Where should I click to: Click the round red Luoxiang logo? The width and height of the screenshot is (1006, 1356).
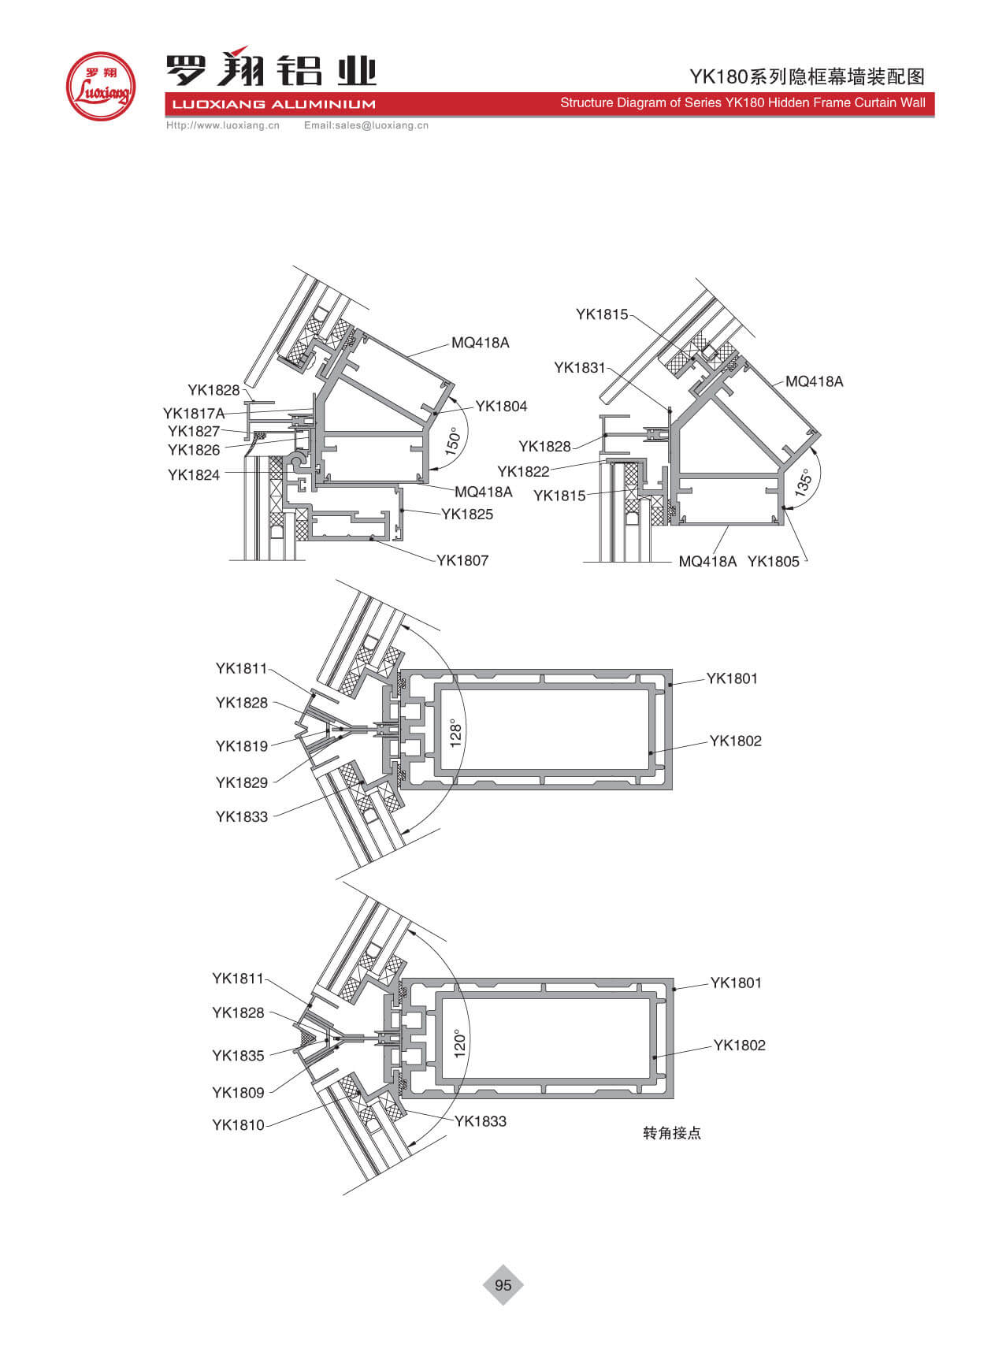pos(101,86)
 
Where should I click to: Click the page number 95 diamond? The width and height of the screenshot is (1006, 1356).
pos(503,1285)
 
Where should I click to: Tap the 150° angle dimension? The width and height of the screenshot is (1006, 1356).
pos(452,442)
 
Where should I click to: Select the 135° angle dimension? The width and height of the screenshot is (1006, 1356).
pos(803,482)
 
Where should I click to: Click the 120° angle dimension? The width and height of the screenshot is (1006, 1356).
pos(460,1043)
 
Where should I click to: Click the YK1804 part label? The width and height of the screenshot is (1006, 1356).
pos(501,407)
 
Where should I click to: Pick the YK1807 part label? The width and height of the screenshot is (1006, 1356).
pos(462,561)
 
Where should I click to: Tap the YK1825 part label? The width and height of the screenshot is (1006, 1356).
pos(467,515)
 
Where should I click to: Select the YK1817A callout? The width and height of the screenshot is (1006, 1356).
pos(194,414)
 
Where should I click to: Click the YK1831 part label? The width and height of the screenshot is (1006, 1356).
pos(580,368)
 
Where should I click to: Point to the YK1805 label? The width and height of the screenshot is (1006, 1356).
pos(774,562)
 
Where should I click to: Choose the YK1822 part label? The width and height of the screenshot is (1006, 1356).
pos(523,472)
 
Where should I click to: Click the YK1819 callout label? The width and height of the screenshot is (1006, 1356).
pos(242,746)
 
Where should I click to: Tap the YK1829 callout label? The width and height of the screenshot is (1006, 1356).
pos(242,783)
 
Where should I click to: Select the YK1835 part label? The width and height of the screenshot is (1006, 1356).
pos(238,1056)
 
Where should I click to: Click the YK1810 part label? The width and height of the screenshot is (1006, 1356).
pos(238,1125)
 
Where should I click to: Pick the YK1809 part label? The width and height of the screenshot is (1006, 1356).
pos(238,1093)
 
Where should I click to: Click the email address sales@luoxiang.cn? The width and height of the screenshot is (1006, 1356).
pos(381,125)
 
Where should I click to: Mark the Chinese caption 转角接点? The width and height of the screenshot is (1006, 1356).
pos(672,1133)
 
